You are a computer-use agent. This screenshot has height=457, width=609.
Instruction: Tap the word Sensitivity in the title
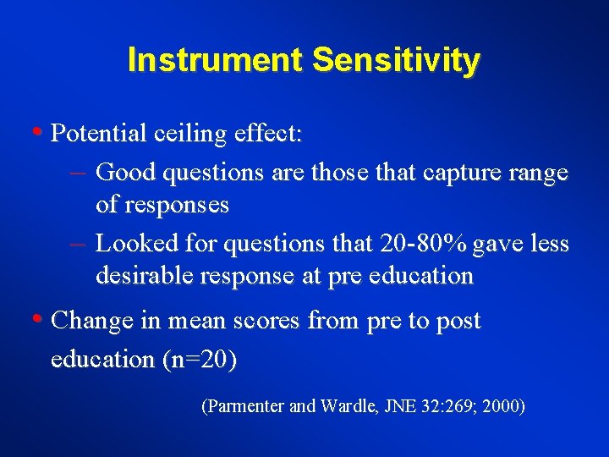396,60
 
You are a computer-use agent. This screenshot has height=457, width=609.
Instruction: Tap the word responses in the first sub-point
175,205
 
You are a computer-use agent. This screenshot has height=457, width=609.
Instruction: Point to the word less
549,243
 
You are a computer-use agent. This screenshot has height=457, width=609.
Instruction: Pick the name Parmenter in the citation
244,407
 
